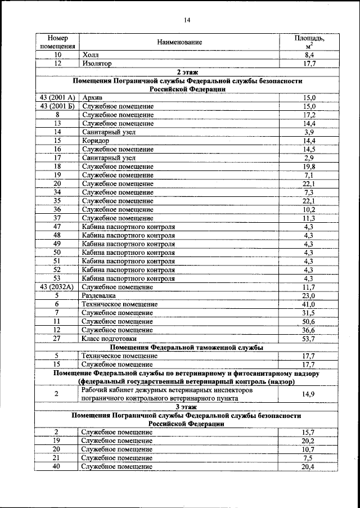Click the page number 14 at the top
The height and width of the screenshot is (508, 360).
tap(187, 21)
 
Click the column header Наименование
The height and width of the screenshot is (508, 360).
tap(179, 42)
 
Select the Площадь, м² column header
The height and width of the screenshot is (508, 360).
tap(309, 42)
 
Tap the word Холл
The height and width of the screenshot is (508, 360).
tap(90, 55)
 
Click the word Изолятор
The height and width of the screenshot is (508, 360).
tap(97, 64)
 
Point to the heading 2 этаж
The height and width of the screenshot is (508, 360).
tap(187, 72)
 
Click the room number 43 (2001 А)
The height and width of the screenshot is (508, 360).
tap(57, 97)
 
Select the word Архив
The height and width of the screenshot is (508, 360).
tap(92, 97)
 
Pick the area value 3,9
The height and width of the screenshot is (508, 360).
tap(309, 132)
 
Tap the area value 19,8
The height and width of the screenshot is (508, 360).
tap(309, 166)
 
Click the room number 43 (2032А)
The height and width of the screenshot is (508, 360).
tap(57, 286)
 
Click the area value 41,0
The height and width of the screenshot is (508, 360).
tap(309, 304)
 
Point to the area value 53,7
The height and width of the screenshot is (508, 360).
tap(309, 339)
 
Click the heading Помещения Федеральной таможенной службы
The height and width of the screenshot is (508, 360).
tap(187, 347)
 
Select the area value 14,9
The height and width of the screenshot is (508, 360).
tap(308, 394)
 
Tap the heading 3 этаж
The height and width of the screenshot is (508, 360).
tap(187, 406)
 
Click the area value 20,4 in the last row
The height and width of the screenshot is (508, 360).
tap(309, 466)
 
